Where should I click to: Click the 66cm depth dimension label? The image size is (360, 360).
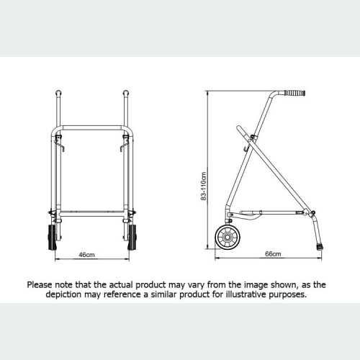click(x=273, y=254)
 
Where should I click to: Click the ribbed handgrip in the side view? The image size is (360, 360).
click(x=293, y=94)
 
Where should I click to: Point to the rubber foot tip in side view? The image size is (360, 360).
click(x=319, y=247)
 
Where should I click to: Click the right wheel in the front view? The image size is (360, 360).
click(x=132, y=238)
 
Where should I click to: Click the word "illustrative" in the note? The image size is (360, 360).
click(x=248, y=294)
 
